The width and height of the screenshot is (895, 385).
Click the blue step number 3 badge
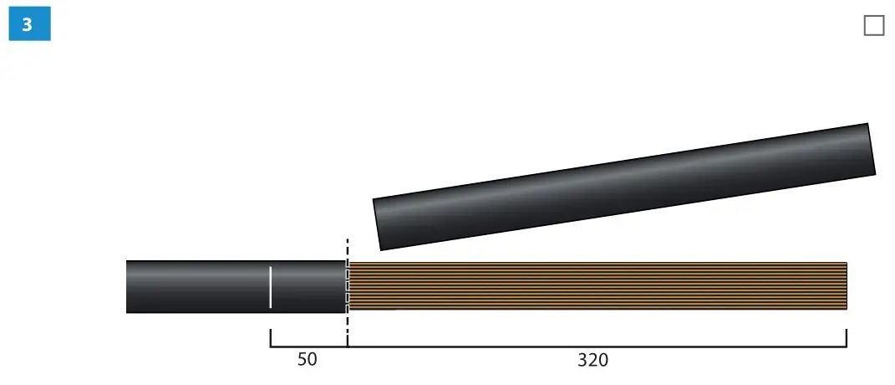[29, 25]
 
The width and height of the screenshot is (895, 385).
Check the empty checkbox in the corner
[873, 26]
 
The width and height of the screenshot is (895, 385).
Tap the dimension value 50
[308, 361]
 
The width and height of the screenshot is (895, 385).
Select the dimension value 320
[592, 361]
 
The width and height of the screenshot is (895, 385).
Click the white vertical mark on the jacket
[270, 287]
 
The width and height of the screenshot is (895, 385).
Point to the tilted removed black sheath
[623, 187]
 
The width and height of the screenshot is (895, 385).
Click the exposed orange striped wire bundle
[598, 286]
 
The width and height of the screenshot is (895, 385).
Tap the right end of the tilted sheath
[871, 150]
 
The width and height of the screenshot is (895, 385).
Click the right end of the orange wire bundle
[845, 286]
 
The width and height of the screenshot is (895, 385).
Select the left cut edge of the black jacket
[128, 287]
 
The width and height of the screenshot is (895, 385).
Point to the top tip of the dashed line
[347, 240]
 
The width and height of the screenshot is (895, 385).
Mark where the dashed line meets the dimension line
[347, 346]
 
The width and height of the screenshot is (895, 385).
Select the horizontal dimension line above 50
[308, 346]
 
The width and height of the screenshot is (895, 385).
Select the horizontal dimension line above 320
[597, 346]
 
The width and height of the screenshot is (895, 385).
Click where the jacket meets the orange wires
[347, 287]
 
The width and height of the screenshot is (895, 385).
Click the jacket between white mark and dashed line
[308, 287]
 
